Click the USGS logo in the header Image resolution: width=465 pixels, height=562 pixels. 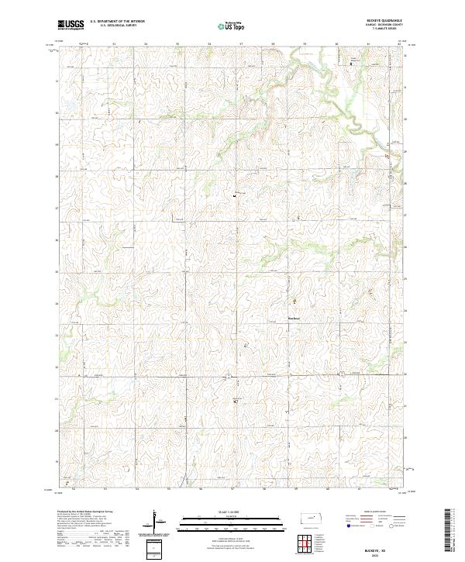tap(71, 26)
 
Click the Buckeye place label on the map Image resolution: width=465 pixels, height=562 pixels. tap(294, 316)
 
